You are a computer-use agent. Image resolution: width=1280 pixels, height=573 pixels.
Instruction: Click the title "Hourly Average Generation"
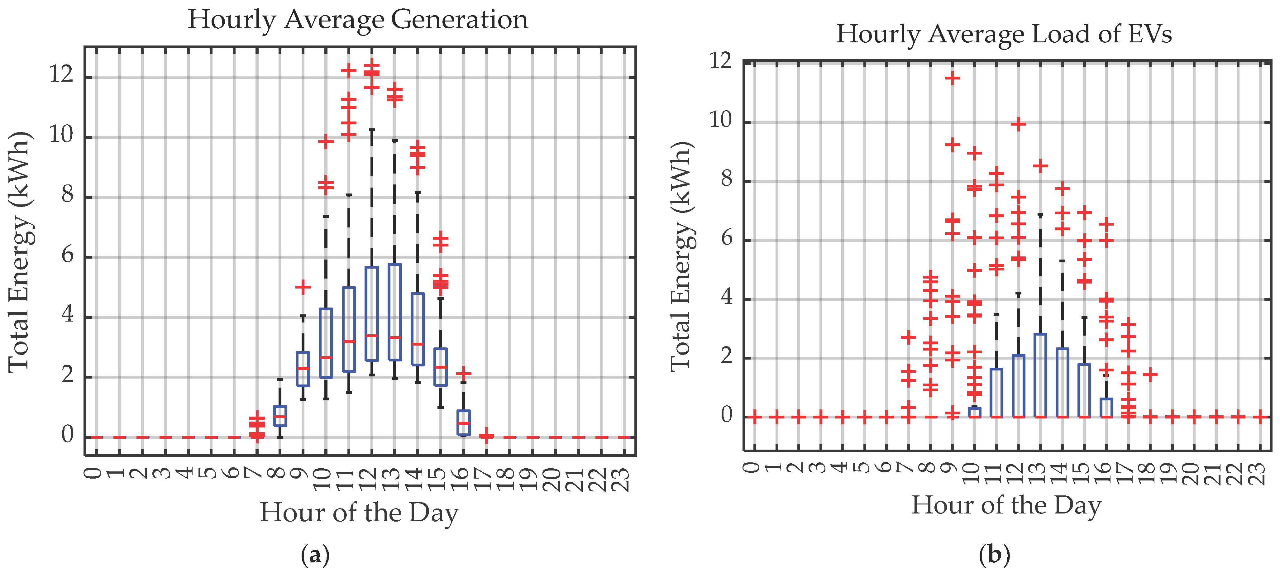tap(358, 20)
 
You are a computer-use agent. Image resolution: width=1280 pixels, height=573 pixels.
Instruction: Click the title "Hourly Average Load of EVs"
tap(1004, 34)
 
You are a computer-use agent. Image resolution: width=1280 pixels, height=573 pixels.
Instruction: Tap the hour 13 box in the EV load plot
tap(1040, 375)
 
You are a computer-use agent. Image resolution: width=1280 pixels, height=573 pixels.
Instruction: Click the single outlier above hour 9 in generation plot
tap(303, 287)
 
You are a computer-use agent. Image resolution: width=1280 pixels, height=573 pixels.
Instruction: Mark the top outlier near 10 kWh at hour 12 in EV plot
tap(1018, 124)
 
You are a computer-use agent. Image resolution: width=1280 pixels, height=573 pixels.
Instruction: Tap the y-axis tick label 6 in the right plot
tap(726, 239)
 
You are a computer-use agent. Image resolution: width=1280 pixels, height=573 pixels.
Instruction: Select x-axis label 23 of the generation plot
tap(623, 480)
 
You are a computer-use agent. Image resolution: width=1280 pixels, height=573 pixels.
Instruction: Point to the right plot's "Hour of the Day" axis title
tap(1006, 505)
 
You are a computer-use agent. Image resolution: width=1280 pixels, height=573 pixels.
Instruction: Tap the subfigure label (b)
tap(994, 554)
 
